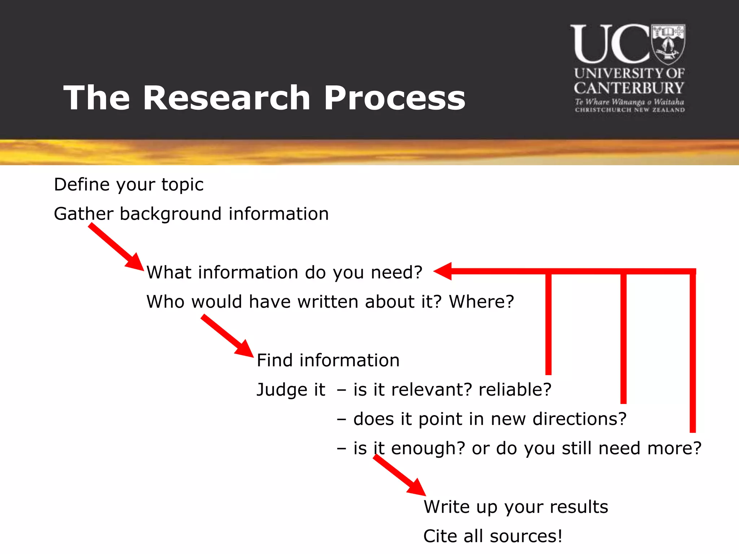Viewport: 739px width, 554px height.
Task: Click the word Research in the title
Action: (226, 98)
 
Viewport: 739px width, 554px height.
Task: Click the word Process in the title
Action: (394, 98)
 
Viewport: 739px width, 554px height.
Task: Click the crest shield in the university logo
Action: (668, 44)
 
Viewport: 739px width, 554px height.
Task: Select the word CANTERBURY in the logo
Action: (629, 88)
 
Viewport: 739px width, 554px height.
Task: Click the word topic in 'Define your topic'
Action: (182, 185)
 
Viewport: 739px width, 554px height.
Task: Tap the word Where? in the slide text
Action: (481, 302)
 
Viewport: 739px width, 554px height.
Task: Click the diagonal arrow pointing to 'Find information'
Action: (227, 336)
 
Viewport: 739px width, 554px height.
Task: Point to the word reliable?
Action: (515, 390)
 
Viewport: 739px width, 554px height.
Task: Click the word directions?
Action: (580, 419)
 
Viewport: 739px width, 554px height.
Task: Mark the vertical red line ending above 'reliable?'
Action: (548, 325)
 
